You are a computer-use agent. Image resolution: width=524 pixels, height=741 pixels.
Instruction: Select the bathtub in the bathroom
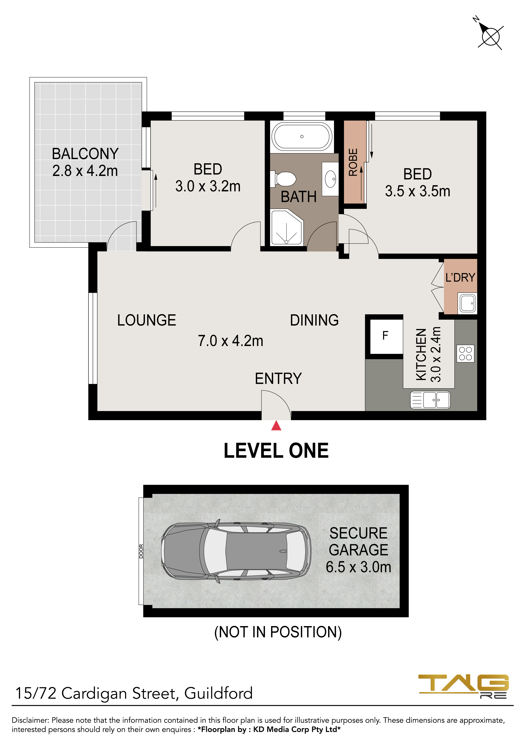(302, 136)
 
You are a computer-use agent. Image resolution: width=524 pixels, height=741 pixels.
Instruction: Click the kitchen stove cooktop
(465, 353)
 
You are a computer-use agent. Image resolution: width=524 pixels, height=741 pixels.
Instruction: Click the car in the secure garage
(236, 552)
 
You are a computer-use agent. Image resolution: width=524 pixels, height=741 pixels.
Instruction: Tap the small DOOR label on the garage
(141, 551)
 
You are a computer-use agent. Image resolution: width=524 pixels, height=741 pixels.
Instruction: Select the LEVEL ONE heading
(276, 451)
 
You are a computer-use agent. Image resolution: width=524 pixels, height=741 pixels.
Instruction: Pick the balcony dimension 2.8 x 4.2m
(85, 171)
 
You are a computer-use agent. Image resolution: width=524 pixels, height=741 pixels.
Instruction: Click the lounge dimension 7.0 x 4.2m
(231, 341)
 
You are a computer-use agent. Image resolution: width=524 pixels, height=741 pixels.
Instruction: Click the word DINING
(314, 320)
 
